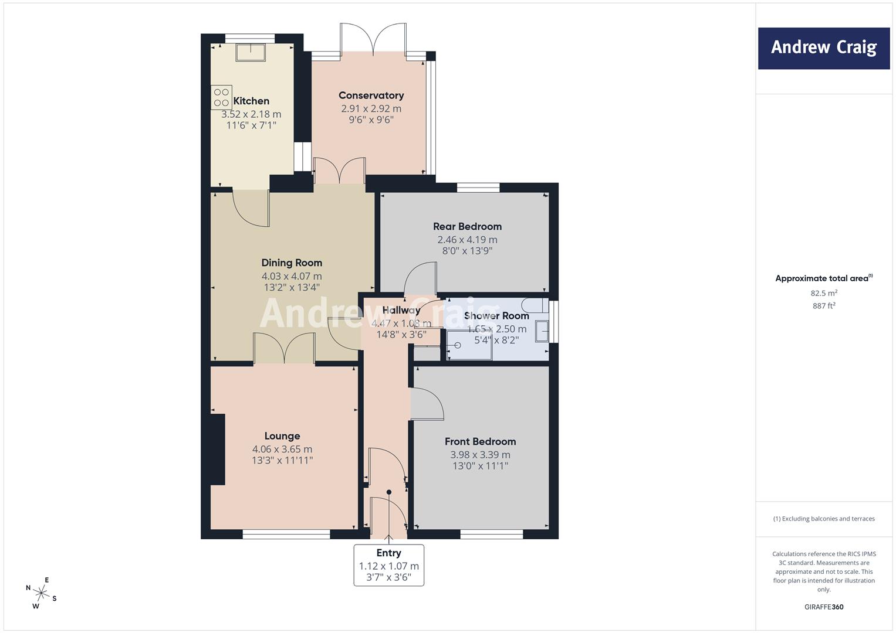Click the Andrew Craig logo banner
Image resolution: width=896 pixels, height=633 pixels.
[823, 48]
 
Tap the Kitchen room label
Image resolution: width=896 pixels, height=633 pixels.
[251, 101]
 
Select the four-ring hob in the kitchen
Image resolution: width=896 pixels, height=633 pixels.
[221, 97]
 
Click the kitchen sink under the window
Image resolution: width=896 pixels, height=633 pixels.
[251, 53]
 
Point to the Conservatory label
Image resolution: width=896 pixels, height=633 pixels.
[371, 96]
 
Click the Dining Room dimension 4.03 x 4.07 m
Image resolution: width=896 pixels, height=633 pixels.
[292, 276]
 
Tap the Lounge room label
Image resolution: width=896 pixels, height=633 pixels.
[282, 436]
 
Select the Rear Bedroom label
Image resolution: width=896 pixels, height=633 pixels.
[467, 226]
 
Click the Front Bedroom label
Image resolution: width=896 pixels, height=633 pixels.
[480, 441]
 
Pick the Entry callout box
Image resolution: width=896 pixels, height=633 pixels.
[388, 565]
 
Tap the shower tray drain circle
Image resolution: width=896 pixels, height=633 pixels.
[457, 346]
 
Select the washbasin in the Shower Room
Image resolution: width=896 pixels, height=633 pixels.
[542, 331]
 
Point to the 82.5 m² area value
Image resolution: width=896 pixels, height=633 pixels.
[824, 293]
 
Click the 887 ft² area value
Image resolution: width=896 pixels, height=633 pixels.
[824, 305]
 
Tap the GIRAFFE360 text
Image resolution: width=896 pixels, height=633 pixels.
[824, 607]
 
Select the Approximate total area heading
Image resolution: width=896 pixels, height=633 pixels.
[823, 278]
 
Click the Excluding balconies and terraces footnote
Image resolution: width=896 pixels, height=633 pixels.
[824, 519]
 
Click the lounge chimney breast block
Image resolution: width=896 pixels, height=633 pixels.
[218, 449]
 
